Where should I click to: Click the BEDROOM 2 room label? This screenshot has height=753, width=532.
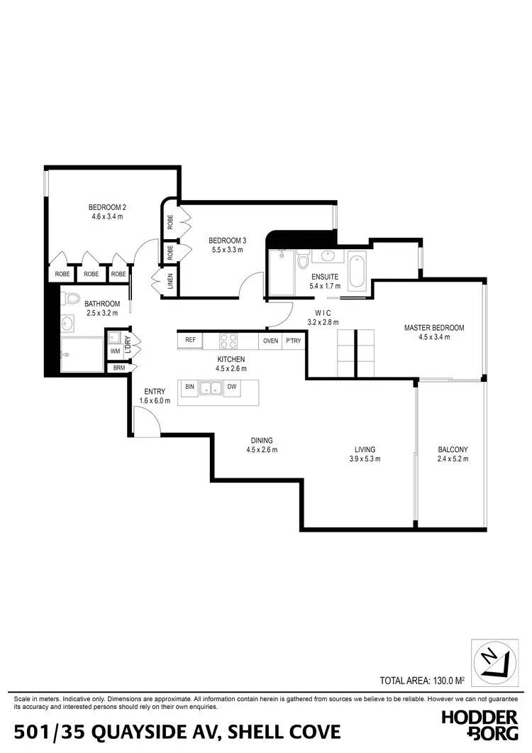[107, 207]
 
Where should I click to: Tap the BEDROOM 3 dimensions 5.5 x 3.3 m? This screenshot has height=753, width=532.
[227, 250]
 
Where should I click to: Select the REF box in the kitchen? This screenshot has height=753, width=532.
[190, 341]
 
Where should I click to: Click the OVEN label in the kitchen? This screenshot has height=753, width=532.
[270, 341]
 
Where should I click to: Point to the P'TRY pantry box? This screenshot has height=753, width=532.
[293, 341]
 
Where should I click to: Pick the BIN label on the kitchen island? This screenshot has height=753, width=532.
[189, 387]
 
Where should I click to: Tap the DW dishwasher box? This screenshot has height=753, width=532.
[231, 387]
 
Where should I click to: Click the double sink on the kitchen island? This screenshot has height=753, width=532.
[210, 388]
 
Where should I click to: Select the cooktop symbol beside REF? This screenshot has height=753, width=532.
[228, 341]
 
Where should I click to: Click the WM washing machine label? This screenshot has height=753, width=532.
[115, 351]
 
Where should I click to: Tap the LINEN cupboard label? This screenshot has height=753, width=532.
[161, 282]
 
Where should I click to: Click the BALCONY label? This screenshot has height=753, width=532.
[453, 450]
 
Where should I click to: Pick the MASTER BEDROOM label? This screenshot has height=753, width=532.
[434, 328]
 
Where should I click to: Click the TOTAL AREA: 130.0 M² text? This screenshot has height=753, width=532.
[422, 681]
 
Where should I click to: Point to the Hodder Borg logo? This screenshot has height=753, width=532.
[479, 725]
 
